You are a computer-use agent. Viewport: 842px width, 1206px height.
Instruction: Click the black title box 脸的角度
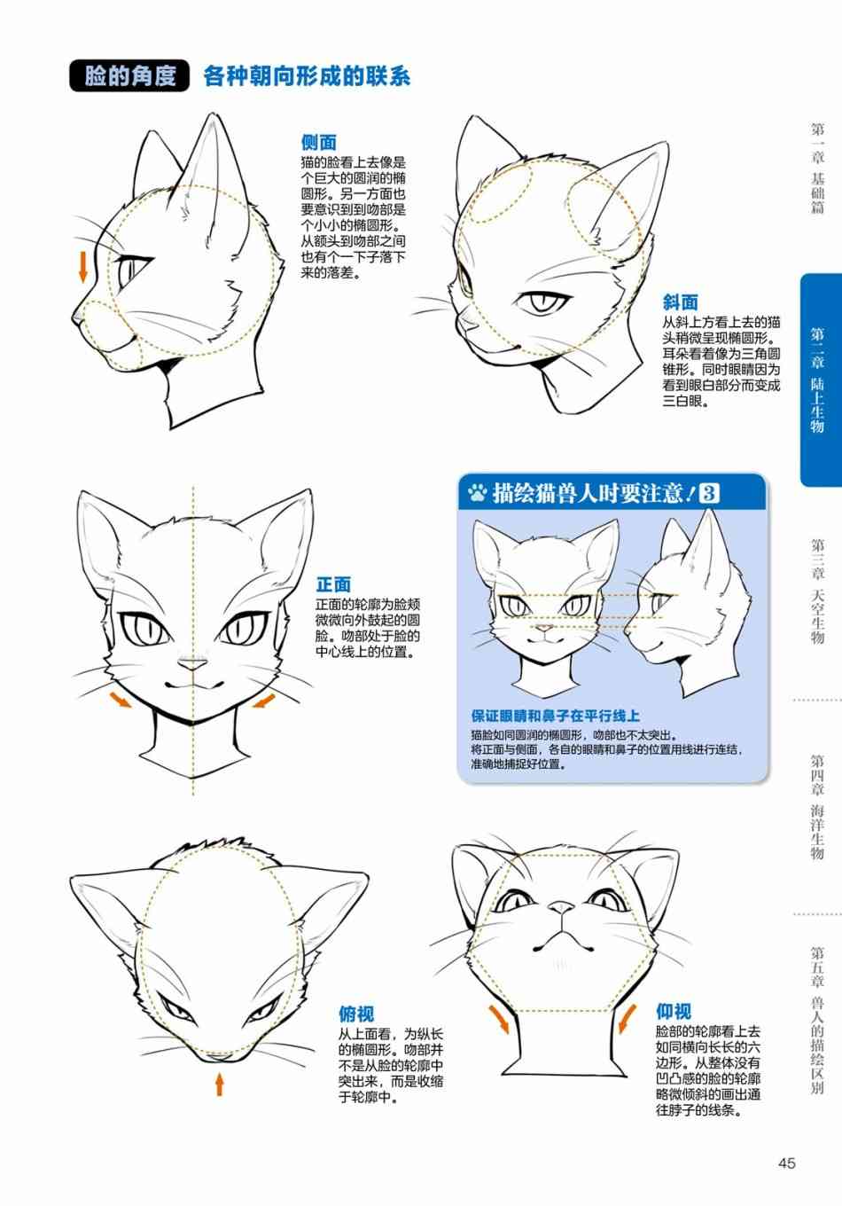[129, 75]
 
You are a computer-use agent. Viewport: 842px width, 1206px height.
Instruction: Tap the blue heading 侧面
[318, 143]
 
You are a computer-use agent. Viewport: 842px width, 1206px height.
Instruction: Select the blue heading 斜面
[680, 302]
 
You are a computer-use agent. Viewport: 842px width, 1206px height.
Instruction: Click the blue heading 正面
[333, 584]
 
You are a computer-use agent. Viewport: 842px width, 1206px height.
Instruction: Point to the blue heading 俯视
[356, 1014]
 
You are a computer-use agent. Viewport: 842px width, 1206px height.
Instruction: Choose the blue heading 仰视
[674, 1012]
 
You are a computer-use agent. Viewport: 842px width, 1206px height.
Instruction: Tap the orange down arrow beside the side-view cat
[82, 267]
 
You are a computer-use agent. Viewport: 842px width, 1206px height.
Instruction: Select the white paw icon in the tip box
[477, 493]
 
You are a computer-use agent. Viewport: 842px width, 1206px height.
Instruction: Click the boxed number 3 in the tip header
[708, 493]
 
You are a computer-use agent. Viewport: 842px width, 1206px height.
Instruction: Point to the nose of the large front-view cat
[192, 665]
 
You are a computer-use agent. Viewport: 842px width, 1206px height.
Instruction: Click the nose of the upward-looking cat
[561, 909]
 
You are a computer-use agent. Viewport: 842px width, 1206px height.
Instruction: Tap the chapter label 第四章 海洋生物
[818, 807]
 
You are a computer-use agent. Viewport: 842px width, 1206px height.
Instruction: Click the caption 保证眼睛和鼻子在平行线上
[555, 716]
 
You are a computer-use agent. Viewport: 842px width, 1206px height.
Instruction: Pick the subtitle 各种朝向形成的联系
[307, 76]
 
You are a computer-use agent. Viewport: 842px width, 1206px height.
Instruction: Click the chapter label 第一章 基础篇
[818, 168]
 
